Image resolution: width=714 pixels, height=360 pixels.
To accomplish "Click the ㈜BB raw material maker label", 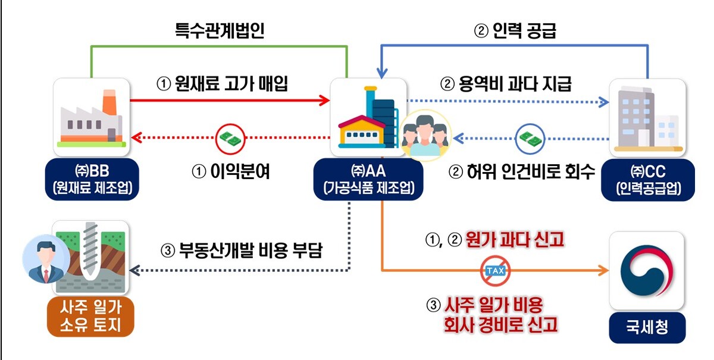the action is [92, 179].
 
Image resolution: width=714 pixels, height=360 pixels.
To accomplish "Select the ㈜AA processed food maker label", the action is [368, 179].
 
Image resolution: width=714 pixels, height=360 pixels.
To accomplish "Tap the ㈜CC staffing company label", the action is [648, 180].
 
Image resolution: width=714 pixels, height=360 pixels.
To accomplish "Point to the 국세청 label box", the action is [647, 327].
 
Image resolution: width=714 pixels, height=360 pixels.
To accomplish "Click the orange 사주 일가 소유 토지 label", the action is [90, 317].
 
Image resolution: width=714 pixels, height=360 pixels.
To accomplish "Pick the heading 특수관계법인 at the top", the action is [220, 30].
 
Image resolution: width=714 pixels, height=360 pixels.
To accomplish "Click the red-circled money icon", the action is [230, 139].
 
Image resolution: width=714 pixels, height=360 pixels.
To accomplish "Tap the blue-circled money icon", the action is [530, 139].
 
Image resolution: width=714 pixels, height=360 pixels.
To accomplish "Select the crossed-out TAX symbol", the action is [495, 271].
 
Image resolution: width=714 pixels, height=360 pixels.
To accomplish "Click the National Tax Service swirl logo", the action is [647, 270].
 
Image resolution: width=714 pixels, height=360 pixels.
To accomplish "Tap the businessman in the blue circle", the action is [46, 259].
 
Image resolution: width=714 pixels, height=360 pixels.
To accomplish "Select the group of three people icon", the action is [425, 136].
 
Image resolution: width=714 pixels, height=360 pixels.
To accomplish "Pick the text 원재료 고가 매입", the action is [231, 84].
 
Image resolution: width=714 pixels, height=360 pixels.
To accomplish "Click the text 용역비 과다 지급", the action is [515, 84].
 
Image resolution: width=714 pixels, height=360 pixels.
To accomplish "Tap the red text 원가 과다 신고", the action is [515, 240].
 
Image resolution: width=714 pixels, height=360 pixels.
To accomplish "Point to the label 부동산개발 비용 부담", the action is [251, 251].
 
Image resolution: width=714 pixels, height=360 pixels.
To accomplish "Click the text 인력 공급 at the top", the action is [524, 30].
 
